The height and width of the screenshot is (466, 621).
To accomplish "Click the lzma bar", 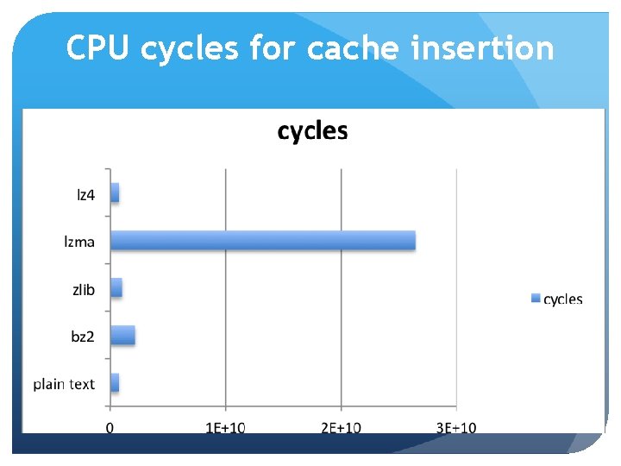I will [x=262, y=241].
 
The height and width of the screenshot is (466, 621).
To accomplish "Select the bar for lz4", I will [x=115, y=193].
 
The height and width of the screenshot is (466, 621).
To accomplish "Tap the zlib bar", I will [x=116, y=287].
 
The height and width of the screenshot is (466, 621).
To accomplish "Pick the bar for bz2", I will [x=122, y=335].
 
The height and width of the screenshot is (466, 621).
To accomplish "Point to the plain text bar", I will [x=115, y=382].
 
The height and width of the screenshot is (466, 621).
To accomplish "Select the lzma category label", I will [x=79, y=242].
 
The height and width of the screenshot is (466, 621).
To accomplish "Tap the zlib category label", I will [x=84, y=289].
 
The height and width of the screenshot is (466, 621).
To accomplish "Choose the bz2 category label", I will [x=83, y=337].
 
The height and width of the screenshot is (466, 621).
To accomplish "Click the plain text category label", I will [x=64, y=384].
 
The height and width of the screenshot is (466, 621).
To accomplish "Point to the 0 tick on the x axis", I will [x=110, y=427].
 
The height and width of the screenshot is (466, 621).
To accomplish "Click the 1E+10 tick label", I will [x=225, y=427].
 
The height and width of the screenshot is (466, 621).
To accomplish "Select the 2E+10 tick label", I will [x=341, y=427].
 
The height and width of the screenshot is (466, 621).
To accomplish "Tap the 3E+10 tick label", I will [x=455, y=427].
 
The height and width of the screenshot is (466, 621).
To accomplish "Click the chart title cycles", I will [x=312, y=131].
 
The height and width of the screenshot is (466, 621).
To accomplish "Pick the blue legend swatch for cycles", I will [x=535, y=299].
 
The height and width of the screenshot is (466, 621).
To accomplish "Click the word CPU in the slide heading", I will [x=98, y=48].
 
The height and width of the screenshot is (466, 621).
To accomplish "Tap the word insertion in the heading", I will [x=483, y=48].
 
